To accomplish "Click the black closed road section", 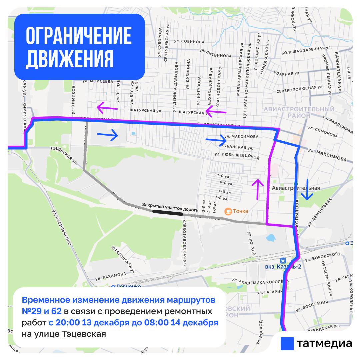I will click(x=167, y=212).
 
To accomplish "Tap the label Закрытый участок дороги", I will click(x=170, y=205).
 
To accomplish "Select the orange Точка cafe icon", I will click(x=228, y=211).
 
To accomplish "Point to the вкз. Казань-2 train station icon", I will click(x=283, y=260).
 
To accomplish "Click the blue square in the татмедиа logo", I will click(x=287, y=343).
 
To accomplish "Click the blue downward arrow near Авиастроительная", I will click(x=307, y=190).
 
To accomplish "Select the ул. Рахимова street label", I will click(x=111, y=275).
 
